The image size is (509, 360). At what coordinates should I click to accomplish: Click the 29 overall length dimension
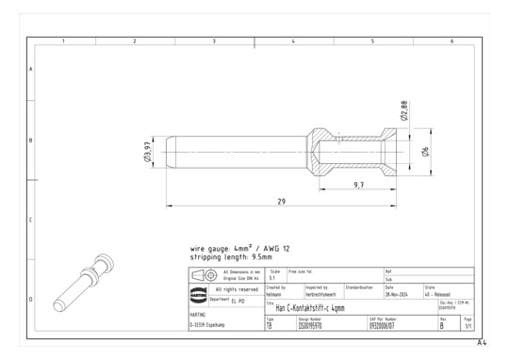pos(282,202)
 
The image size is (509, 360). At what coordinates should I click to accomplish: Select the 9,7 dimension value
pos(358,186)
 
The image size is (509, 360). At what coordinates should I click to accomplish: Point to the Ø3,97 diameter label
pos(148,151)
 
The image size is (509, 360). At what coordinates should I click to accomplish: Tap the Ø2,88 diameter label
pos(403,111)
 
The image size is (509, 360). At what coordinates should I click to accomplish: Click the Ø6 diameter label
pos(425,152)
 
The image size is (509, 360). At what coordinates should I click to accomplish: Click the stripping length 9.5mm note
pos(232,256)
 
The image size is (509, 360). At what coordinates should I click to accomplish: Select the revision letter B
pos(441,325)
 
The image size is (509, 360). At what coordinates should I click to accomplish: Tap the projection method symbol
pos(202,274)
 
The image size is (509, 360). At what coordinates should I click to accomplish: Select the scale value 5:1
pos(272,278)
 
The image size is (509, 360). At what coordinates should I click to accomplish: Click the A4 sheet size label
pos(482,342)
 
